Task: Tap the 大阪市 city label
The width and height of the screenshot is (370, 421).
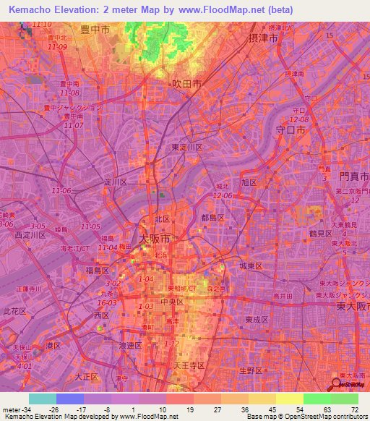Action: tap(154, 238)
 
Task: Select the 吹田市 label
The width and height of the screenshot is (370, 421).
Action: tap(186, 84)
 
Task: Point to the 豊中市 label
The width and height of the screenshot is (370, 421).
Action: tap(95, 30)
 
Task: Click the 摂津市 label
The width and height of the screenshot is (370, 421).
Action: tap(263, 38)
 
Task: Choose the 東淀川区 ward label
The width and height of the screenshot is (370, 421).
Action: tap(187, 147)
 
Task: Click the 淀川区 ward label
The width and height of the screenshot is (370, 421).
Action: tap(116, 182)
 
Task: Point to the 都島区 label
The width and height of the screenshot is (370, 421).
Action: tap(212, 217)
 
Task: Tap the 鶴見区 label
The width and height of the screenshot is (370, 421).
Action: tap(319, 233)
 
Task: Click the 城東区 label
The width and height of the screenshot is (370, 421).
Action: tap(251, 266)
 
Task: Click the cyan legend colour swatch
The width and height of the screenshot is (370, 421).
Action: tap(43, 399)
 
